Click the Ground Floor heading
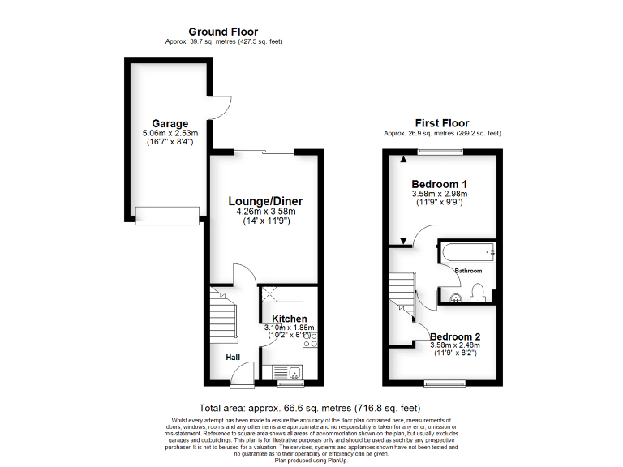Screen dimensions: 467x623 pos(223,32)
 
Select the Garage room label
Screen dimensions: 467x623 pos(170,124)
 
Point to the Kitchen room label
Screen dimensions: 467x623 pos(289,319)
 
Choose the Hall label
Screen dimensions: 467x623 pos(233,356)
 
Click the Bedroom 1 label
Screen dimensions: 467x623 pos(440,182)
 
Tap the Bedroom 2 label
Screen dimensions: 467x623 pos(455,336)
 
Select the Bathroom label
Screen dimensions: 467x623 pos(468,271)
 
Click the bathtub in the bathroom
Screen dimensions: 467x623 pos(467,252)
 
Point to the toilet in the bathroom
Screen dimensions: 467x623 pos(478,291)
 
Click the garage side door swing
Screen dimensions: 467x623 pos(221,110)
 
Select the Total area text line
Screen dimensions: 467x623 pos(309,408)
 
